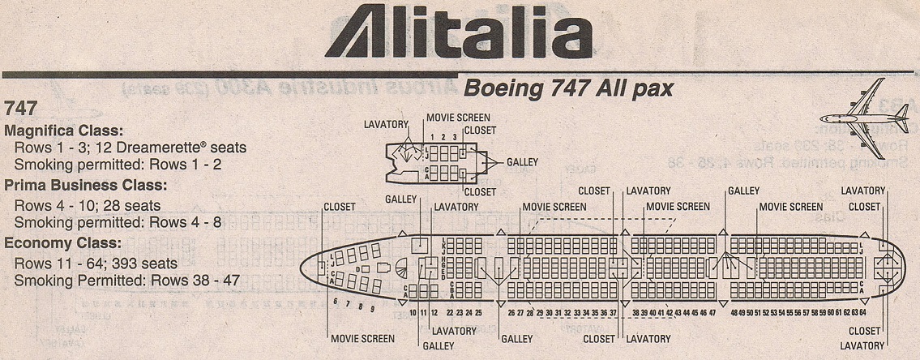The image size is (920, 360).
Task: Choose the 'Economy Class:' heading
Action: click(63, 242)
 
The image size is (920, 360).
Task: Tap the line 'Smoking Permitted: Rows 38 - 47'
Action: click(126, 281)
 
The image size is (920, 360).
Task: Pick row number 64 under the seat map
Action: click(862, 312)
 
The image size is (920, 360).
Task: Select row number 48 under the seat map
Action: click(734, 312)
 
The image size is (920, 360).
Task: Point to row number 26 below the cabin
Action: click(511, 312)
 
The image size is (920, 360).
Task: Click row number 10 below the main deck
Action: click(413, 312)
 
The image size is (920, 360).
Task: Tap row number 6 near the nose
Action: click(335, 300)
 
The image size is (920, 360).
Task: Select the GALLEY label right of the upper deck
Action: click(522, 162)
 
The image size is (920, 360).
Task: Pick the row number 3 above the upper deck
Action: click(455, 138)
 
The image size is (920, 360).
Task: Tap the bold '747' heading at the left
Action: click(20, 109)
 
